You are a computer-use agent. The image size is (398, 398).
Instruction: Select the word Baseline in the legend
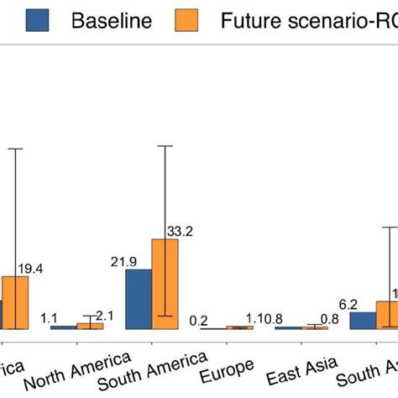click(x=111, y=20)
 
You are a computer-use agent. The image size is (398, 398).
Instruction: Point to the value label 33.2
click(x=181, y=231)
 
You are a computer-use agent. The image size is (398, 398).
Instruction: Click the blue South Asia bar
click(x=363, y=320)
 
